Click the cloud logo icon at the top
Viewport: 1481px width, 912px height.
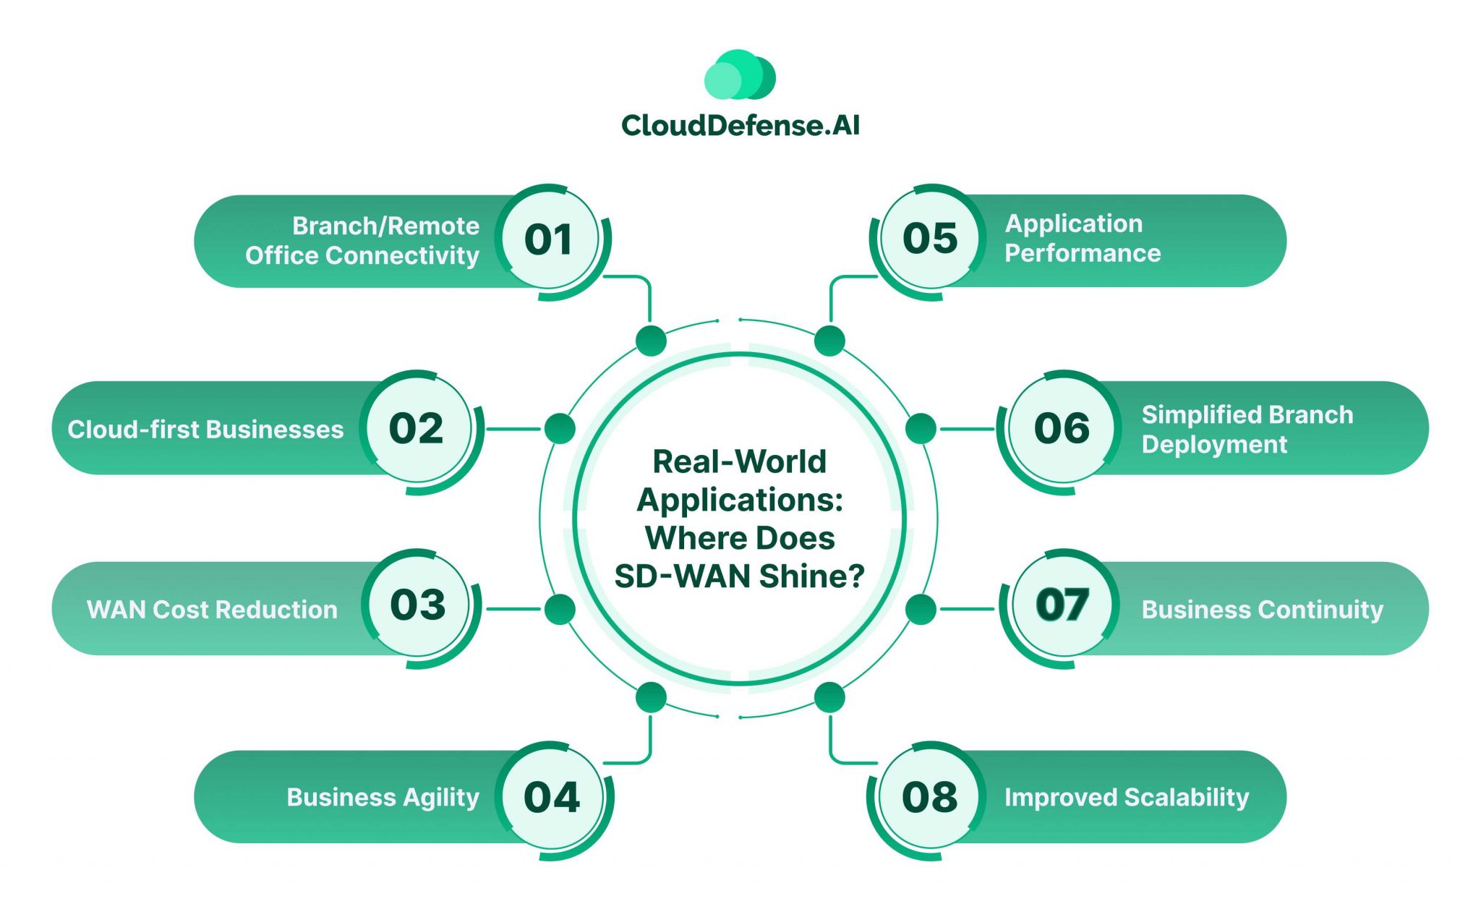click(x=740, y=75)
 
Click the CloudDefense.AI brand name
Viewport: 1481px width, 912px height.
click(x=740, y=126)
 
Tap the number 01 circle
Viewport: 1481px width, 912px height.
click(x=549, y=239)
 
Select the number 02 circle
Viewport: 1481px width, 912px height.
click(x=417, y=428)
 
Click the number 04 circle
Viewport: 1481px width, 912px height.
click(x=551, y=797)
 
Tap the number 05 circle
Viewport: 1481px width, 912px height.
click(x=930, y=239)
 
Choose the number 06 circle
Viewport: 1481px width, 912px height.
click(x=1062, y=428)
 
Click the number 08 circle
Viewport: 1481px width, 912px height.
click(x=930, y=797)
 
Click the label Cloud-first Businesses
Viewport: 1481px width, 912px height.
click(x=205, y=430)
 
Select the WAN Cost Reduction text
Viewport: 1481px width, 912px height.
click(x=212, y=610)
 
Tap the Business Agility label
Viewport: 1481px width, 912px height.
click(x=383, y=797)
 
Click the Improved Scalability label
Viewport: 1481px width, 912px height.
click(x=1126, y=797)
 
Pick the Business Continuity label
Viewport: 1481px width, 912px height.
click(x=1262, y=610)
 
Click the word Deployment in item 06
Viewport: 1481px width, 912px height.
click(x=1214, y=445)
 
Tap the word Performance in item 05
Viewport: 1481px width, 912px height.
click(x=1083, y=253)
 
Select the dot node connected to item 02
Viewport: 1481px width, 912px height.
click(x=560, y=429)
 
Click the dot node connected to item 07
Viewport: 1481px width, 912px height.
click(x=921, y=610)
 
